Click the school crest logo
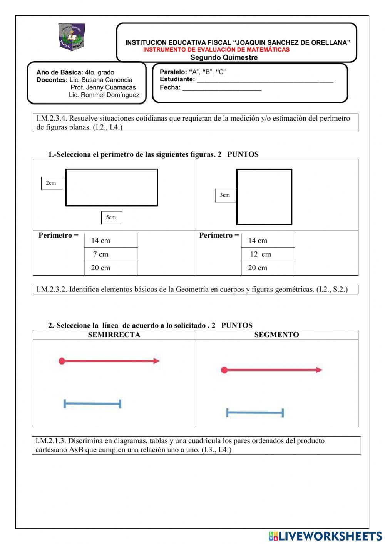pyautogui.click(x=72, y=36)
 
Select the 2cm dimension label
pyautogui.click(x=51, y=183)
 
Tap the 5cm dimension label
pyautogui.click(x=111, y=218)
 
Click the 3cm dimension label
pyautogui.click(x=225, y=195)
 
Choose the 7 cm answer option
pyautogui.click(x=110, y=254)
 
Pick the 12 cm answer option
pyautogui.click(x=268, y=254)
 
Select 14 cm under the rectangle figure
pyautogui.click(x=110, y=241)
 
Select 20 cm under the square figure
pyautogui.click(x=268, y=268)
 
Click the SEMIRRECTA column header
pyautogui.click(x=114, y=335)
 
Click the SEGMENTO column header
pyautogui.click(x=276, y=335)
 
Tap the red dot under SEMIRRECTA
pyautogui.click(x=62, y=361)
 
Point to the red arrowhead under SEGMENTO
pyautogui.click(x=319, y=370)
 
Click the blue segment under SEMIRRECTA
pyautogui.click(x=92, y=404)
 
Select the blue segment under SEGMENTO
pyautogui.click(x=255, y=413)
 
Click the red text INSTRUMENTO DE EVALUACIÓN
pyautogui.click(x=216, y=50)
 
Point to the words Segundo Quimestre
pyautogui.click(x=224, y=57)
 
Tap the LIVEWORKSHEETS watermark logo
pyautogui.click(x=325, y=536)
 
